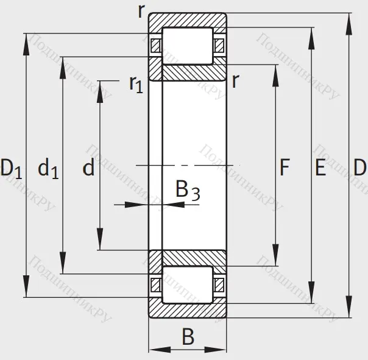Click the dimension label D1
[12, 168]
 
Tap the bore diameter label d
[89, 168]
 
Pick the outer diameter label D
[359, 168]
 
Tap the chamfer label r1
[135, 83]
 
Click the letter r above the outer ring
[141, 10]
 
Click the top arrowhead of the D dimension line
[350, 18]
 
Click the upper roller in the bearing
[188, 45]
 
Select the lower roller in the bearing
[188, 284]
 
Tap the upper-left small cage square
[156, 45]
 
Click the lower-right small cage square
[219, 284]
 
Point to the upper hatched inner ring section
[188, 72]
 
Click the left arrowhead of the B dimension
[154, 350]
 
